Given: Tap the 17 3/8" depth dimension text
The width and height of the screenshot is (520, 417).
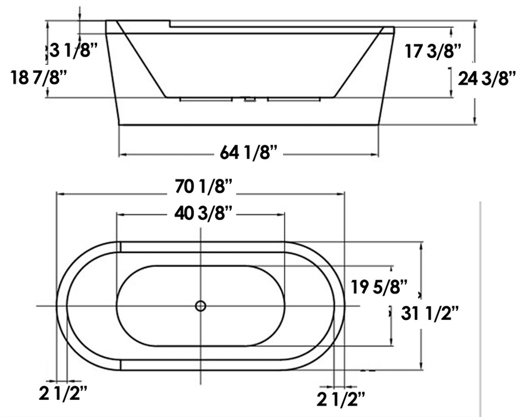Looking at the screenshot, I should tap(434, 51).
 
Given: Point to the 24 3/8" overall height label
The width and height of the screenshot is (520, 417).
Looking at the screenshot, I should tap(487, 78).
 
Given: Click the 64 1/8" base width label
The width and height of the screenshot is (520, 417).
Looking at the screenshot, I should tap(250, 153).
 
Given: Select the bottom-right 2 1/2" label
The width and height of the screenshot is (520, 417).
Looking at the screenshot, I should tap(342, 397).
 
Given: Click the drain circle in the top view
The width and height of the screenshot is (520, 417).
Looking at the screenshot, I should tap(201, 306).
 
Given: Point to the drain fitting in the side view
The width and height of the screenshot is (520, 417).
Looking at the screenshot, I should tap(250, 99).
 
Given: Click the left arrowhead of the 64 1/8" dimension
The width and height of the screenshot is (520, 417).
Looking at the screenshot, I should tap(122, 154).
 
